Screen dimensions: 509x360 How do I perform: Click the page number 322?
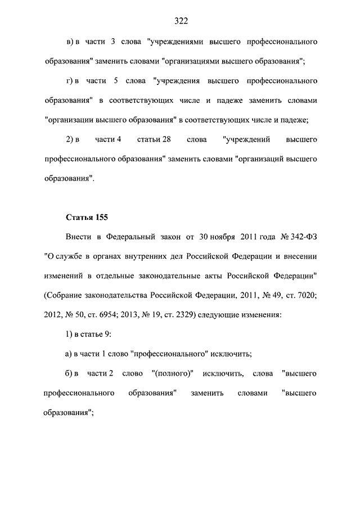pos(181,21)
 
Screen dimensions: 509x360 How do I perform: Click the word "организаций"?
pos(259,159)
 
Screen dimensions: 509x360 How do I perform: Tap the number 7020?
pos(305,295)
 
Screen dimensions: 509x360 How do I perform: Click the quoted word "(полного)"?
pos(173,373)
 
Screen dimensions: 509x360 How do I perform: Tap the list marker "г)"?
pos(71,82)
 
